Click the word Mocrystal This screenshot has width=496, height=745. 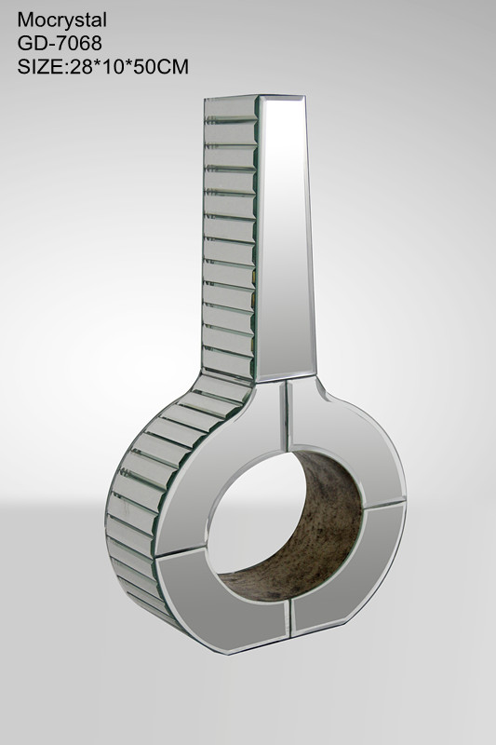click(x=62, y=20)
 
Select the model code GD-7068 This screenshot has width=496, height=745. click(x=60, y=44)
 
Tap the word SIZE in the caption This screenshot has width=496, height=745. click(x=40, y=67)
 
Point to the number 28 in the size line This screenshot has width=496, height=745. click(x=80, y=67)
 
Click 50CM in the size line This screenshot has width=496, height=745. click(x=161, y=67)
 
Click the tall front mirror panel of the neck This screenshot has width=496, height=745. click(x=285, y=237)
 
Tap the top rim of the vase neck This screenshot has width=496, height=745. click(x=255, y=97)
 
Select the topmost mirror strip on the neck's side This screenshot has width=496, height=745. click(x=231, y=108)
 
